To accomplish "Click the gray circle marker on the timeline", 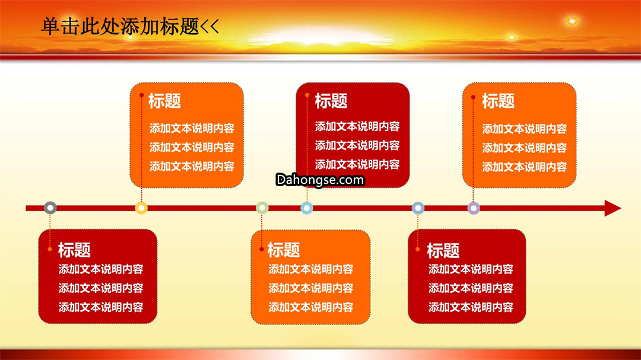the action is point(50,208).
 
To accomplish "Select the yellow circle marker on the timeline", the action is point(141,208).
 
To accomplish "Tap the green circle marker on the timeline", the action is point(262,208).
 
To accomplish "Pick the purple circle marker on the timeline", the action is point(474,208).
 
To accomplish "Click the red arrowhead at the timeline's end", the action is point(613,208).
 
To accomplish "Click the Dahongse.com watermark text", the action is point(320,180).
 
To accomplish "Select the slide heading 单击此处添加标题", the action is point(120,26).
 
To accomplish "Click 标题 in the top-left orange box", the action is point(164,101).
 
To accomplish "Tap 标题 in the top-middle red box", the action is point(331,101).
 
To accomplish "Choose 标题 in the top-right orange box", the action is point(498,101).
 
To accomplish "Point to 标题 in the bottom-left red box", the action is point(74,250).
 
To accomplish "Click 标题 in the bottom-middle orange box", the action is point(283,250).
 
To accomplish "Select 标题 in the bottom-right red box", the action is point(443,250).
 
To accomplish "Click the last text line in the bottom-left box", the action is point(100,307).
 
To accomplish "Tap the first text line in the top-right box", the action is point(524,129).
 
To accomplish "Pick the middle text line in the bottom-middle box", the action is point(310,288).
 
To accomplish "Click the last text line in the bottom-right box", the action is point(471,307).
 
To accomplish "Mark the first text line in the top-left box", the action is point(192,128).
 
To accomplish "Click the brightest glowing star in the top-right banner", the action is point(572,21).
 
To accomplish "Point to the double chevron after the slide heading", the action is point(210,27).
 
